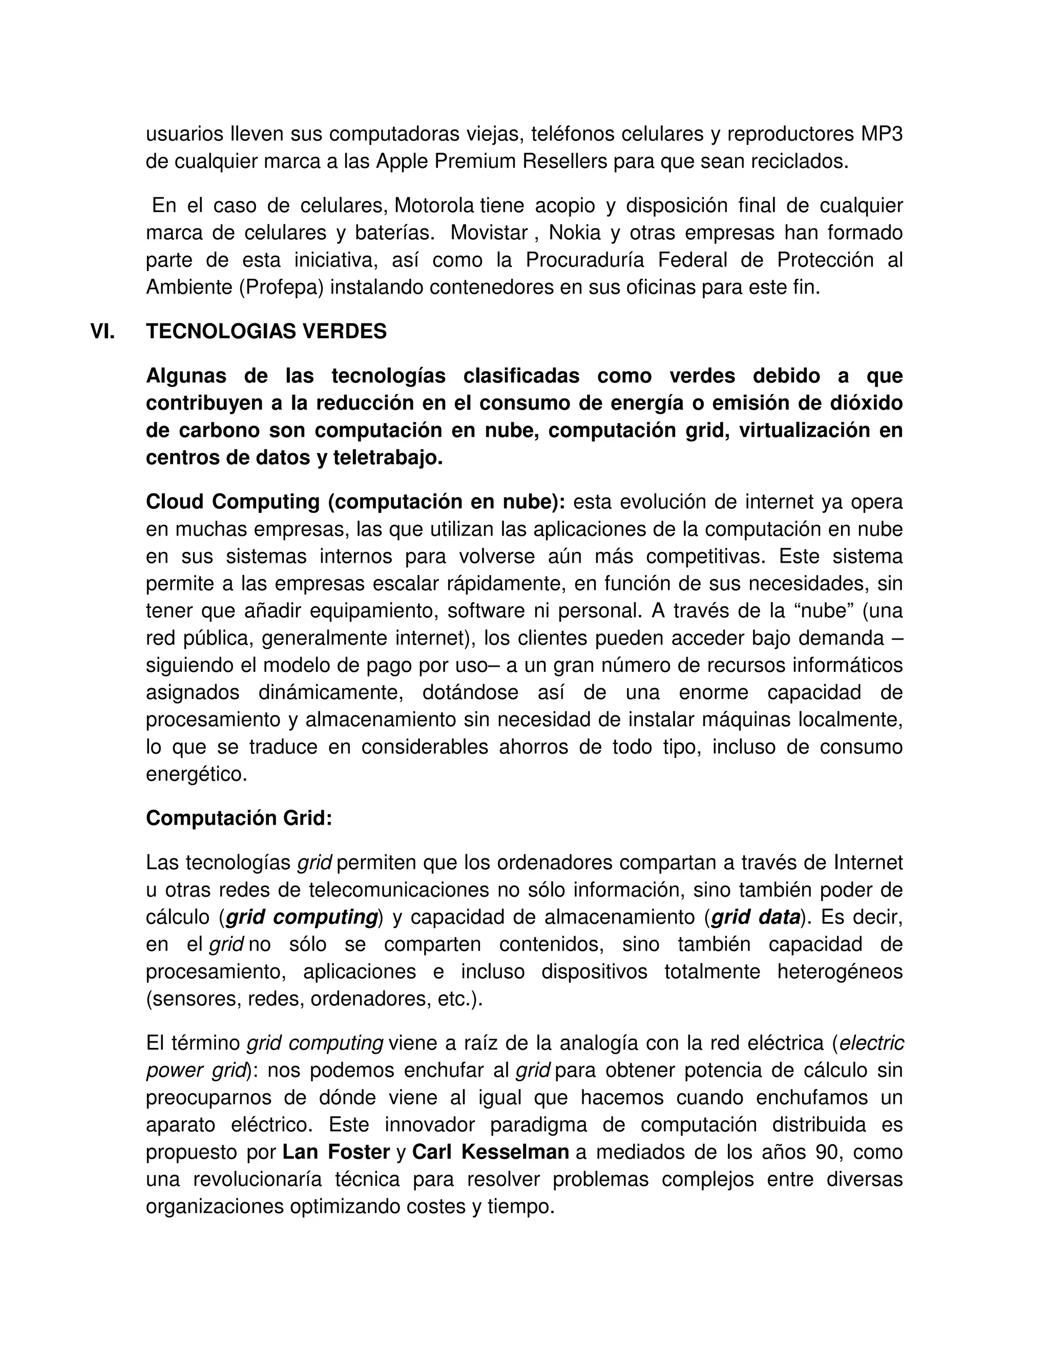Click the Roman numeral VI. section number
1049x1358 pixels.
[102, 332]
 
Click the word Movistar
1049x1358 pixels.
[489, 233]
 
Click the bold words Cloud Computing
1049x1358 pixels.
[234, 502]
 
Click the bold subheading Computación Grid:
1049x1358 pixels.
[239, 818]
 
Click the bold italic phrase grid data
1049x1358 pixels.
[755, 917]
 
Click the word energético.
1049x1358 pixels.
[196, 774]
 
